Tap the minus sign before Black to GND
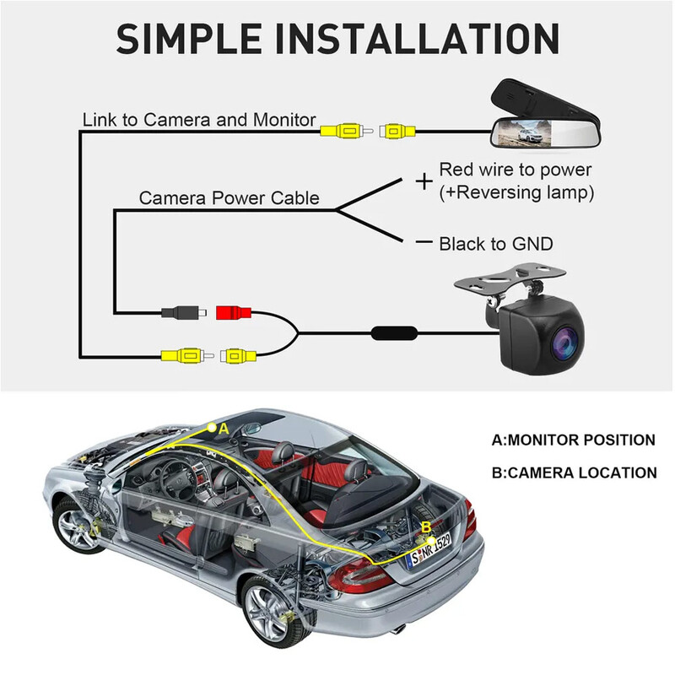[x=424, y=243]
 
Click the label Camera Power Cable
[x=229, y=199]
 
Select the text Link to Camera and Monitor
[x=199, y=120]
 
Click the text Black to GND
[x=496, y=244]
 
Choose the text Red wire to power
[x=516, y=170]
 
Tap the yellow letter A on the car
[x=224, y=429]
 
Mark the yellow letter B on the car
[x=426, y=526]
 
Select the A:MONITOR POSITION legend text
[x=573, y=440]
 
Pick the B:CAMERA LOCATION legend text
[x=574, y=472]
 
